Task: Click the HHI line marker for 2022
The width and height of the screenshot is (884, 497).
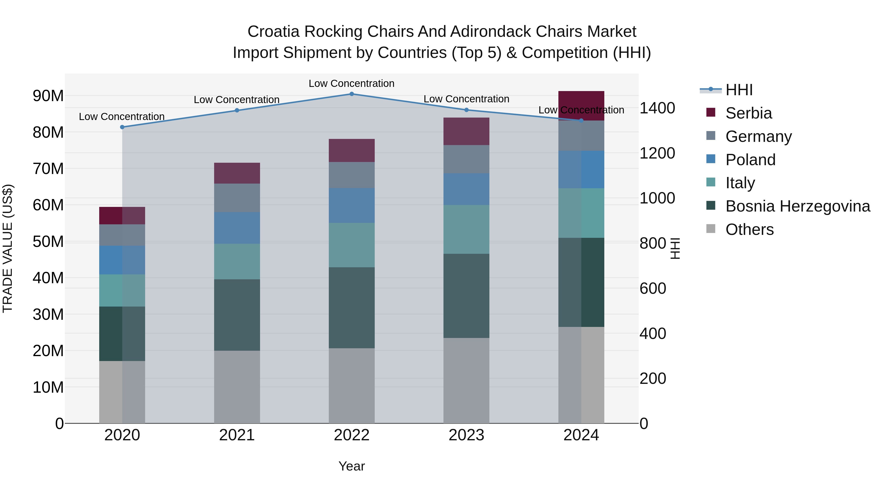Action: [x=351, y=94]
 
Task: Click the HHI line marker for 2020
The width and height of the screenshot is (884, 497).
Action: [x=122, y=127]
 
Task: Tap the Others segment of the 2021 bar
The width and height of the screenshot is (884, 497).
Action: [x=237, y=387]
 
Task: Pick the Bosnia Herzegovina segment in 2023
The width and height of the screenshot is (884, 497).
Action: [x=466, y=296]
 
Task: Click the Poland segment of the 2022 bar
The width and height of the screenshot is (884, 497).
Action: [x=351, y=205]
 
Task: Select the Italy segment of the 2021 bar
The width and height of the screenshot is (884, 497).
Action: [x=237, y=261]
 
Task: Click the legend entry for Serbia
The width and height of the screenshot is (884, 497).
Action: [x=748, y=113]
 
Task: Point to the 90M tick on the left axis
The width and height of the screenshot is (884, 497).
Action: [x=48, y=96]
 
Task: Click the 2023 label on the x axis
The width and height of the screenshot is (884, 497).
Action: [x=466, y=435]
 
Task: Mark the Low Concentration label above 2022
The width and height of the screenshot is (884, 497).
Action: [x=351, y=83]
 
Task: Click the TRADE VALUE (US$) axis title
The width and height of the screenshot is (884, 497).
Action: [x=8, y=248]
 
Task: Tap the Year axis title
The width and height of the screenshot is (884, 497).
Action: [x=351, y=466]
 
